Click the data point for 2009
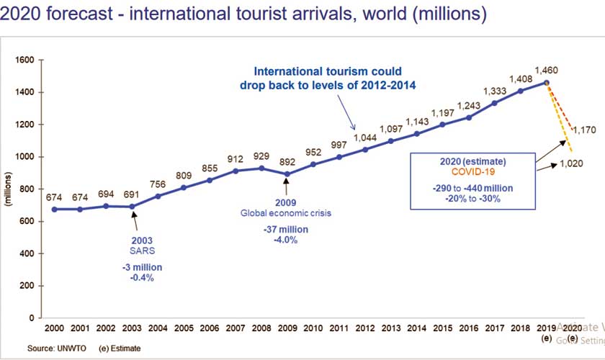pyautogui.click(x=287, y=174)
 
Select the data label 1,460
pyautogui.click(x=547, y=71)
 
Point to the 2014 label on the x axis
pyautogui.click(x=416, y=328)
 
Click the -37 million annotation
pyautogui.click(x=287, y=230)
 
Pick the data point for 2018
pyautogui.click(x=521, y=91)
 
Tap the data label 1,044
pyautogui.click(x=364, y=136)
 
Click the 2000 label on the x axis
pyautogui.click(x=54, y=328)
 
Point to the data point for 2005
pyautogui.click(x=184, y=187)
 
